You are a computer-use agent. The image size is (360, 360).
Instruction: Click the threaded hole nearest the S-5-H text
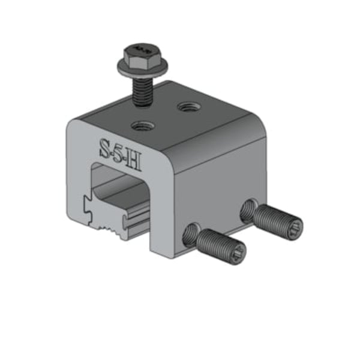coord(143,127)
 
